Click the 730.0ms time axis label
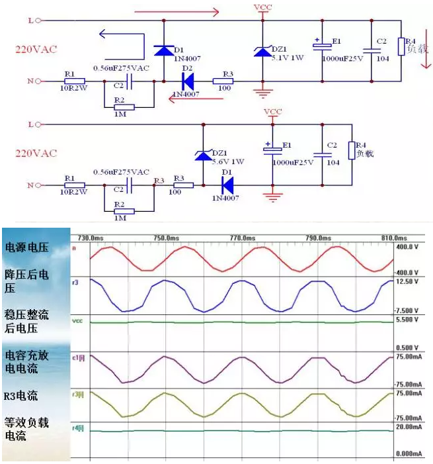pyautogui.click(x=91, y=238)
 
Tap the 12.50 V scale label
pyautogui.click(x=408, y=281)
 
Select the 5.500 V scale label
pyautogui.click(x=408, y=320)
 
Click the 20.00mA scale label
pyautogui.click(x=407, y=427)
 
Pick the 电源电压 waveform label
pyautogui.click(x=27, y=248)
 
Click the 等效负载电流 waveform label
pyautogui.click(x=27, y=429)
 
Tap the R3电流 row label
pyautogui.click(x=21, y=396)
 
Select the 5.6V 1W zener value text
pyautogui.click(x=228, y=162)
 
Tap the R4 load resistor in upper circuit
pyautogui.click(x=401, y=47)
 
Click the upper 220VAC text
pyautogui.click(x=36, y=49)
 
